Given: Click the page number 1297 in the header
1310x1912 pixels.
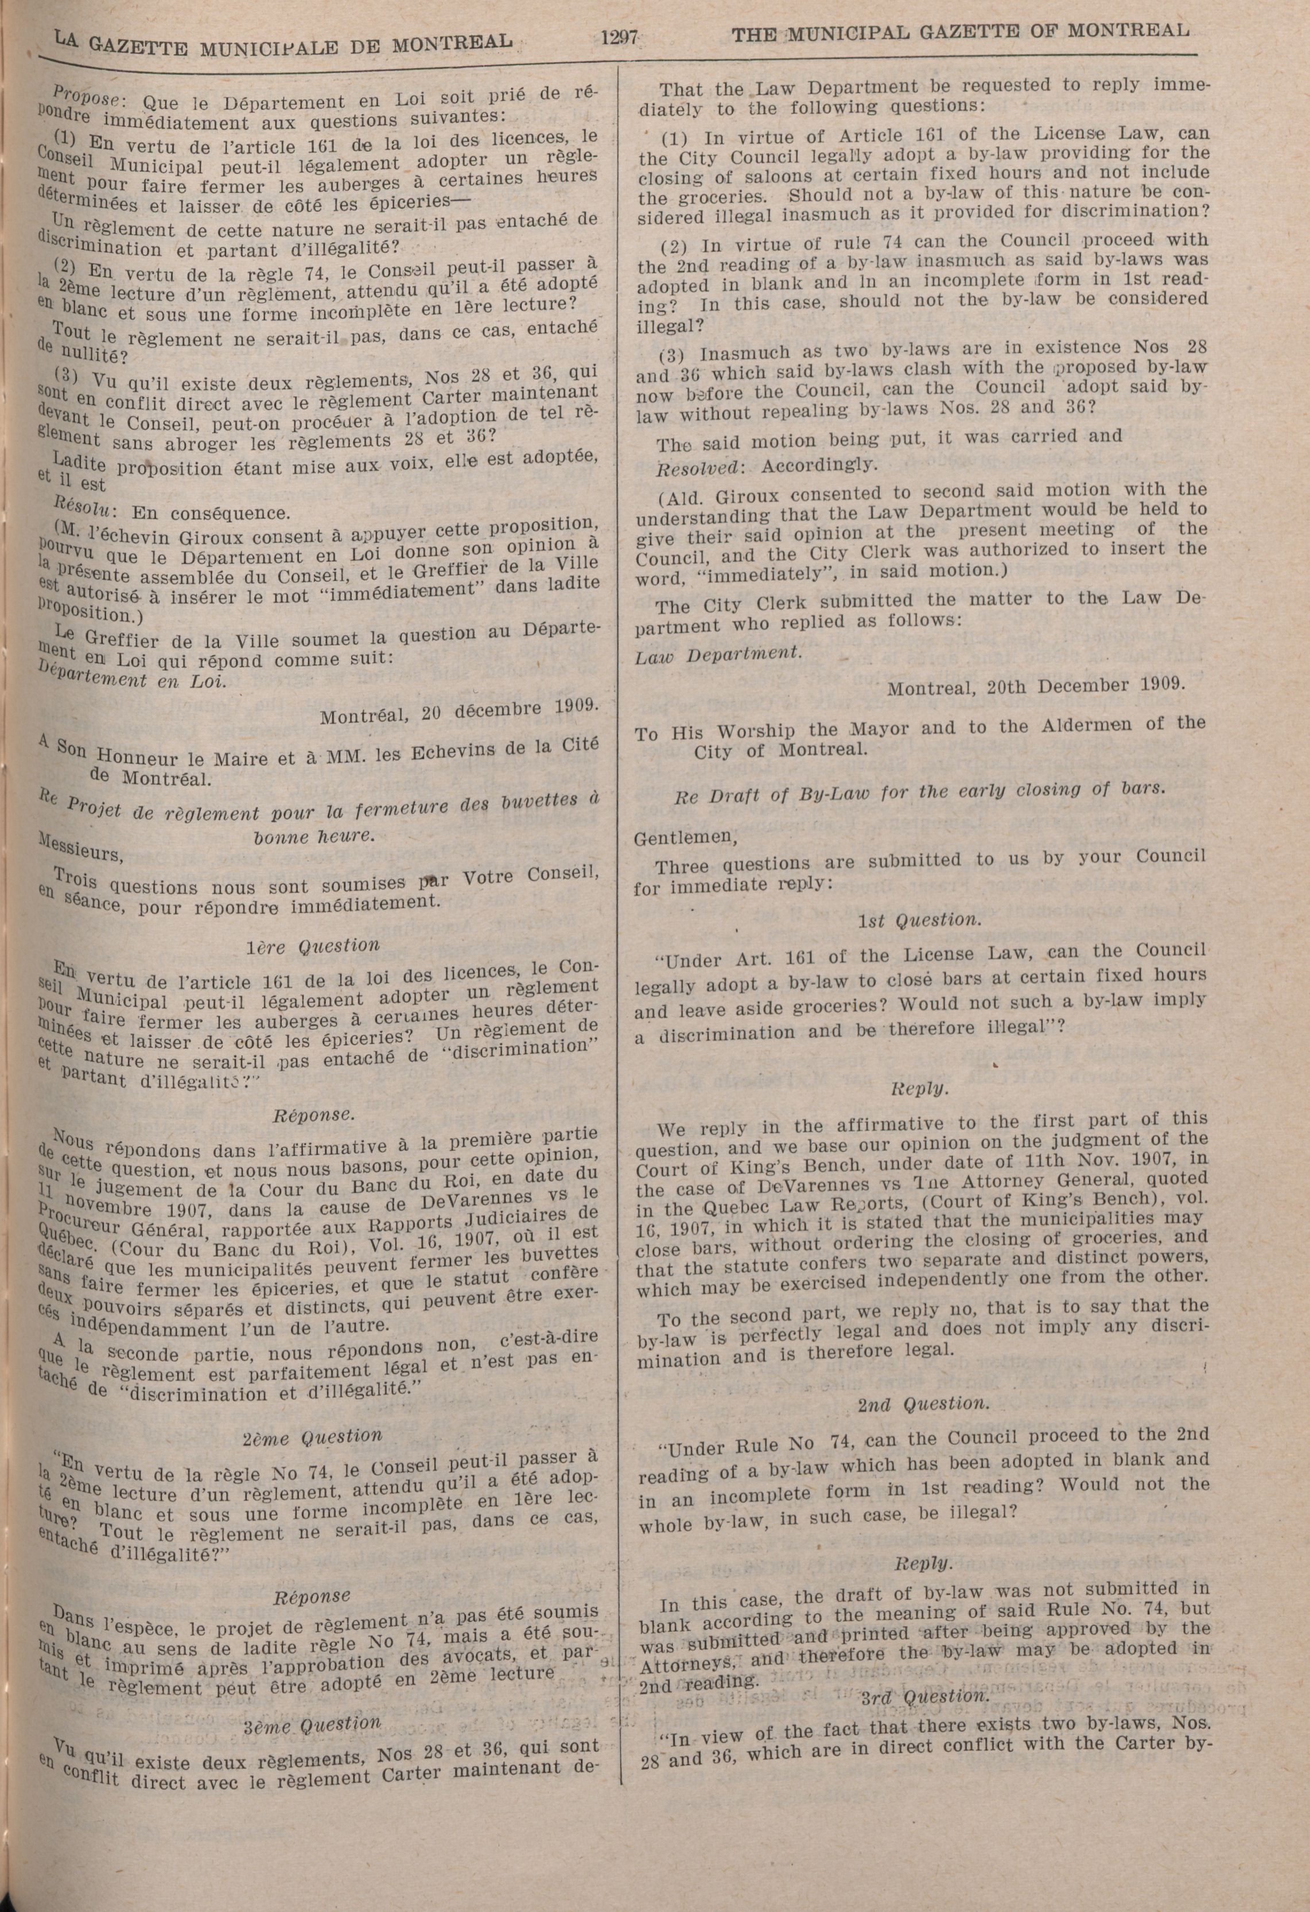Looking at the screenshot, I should (620, 38).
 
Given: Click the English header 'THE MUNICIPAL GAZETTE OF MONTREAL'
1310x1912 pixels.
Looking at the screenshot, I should (961, 32).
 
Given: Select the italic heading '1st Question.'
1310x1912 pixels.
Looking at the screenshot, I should (919, 920).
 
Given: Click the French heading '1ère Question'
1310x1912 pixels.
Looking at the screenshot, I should (313, 946).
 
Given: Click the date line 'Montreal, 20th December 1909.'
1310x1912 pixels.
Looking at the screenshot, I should (1036, 686).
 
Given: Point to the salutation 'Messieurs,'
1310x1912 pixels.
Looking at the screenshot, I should (80, 846).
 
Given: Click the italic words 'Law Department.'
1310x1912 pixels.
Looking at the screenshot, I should (717, 653).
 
